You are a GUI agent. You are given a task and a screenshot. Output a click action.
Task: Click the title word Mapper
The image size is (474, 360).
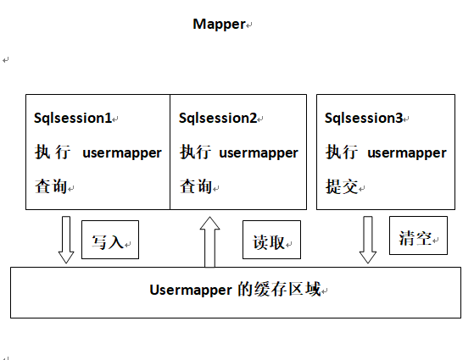coord(219,24)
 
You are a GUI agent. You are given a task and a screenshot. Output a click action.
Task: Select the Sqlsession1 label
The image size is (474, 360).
coord(72,119)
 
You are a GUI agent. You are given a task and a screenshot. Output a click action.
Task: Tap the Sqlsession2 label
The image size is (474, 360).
coord(218,119)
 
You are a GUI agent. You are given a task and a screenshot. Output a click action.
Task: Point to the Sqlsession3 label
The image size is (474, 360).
coord(364,119)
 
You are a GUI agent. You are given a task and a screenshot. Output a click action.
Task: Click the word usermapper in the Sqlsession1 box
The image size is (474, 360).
coord(121,153)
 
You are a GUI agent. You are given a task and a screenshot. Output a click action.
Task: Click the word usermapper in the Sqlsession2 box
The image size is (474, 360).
coord(259,153)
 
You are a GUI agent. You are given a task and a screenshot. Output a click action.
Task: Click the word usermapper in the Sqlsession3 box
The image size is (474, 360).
coord(406,153)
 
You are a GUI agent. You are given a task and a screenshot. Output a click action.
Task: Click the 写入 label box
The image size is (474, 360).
coord(109,241)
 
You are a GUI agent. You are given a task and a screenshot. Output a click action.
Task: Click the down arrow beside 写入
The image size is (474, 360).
coord(66,240)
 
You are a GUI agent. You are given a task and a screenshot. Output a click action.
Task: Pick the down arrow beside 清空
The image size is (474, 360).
coord(368,240)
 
